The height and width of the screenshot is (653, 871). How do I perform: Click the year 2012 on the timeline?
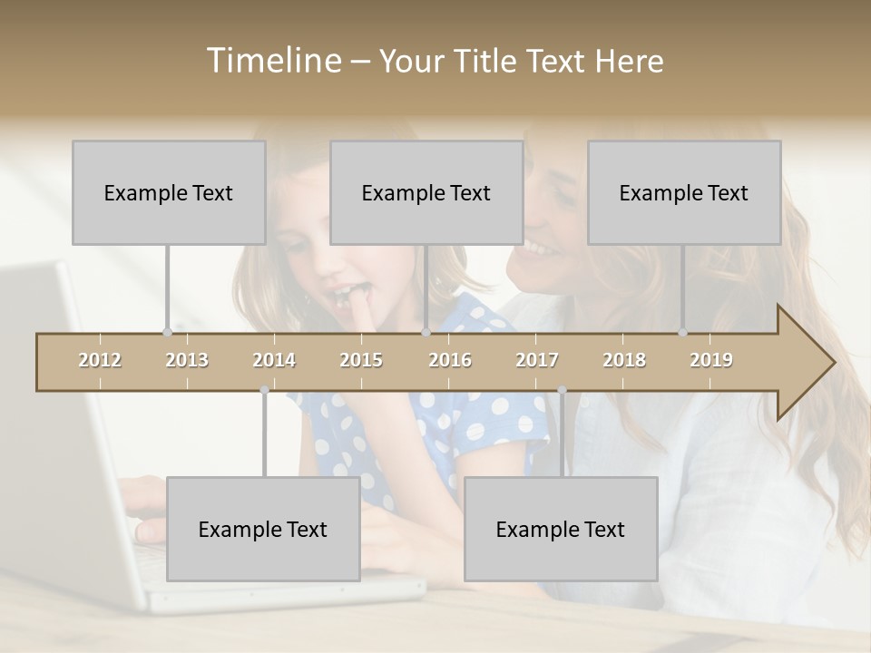pos(100,360)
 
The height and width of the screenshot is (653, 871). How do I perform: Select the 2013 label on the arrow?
pos(187,360)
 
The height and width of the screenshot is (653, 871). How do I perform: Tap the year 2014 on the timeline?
pos(274,360)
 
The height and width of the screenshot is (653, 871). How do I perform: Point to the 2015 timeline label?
pos(361,360)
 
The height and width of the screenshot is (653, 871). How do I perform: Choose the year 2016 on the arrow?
pos(450,360)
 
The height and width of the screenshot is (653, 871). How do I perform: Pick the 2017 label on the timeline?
pos(537,360)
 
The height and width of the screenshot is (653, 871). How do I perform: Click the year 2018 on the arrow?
pos(624,360)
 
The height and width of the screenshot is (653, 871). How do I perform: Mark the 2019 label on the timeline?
pos(711,360)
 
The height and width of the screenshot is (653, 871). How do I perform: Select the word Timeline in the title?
pos(273,61)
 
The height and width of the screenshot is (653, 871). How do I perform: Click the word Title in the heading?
pos(487,62)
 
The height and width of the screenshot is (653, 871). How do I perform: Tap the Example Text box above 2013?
pos(169,192)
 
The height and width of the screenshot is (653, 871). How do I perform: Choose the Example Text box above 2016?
pos(426,192)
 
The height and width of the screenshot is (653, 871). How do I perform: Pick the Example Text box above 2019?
pos(684,192)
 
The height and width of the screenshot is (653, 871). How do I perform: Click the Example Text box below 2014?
pos(263,529)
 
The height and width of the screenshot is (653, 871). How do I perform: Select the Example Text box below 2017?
pos(561,529)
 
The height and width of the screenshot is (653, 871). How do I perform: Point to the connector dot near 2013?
pos(167,332)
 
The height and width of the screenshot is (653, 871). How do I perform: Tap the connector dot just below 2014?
pos(264,390)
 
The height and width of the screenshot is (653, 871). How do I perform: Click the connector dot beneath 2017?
pos(562,390)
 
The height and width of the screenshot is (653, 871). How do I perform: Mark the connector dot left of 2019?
pos(683,332)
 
